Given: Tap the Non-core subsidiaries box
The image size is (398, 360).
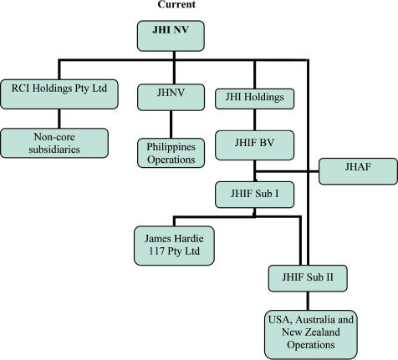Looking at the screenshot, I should [54, 143].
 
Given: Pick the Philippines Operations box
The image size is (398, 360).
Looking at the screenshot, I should [171, 151].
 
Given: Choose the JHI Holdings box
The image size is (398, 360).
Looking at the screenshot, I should [253, 97].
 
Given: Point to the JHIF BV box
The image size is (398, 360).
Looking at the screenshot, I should [253, 144].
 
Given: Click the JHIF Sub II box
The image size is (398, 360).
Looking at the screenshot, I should [306, 275].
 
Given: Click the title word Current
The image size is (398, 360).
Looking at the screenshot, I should [173, 5].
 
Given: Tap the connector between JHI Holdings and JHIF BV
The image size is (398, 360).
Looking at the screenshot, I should [254, 119].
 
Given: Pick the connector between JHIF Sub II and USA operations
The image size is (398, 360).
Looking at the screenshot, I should [306, 298].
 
